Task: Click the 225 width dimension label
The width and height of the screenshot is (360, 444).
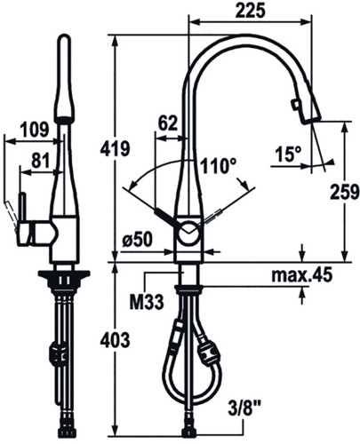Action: tap(250, 12)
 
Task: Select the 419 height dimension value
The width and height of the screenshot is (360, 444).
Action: tap(115, 148)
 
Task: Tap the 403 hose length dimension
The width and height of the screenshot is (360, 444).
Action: tap(115, 340)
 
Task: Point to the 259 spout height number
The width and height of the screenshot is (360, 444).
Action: tap(345, 192)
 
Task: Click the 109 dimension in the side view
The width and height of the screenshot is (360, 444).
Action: tap(34, 130)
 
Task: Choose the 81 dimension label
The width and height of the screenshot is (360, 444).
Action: tap(40, 162)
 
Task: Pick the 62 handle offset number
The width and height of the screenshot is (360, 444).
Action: tap(168, 123)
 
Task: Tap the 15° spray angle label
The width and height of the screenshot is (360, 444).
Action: tap(288, 155)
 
